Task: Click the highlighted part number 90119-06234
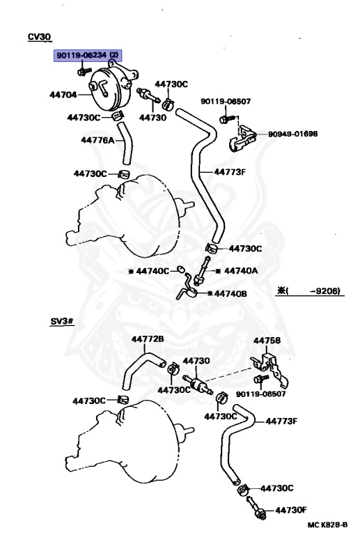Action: (x=82, y=55)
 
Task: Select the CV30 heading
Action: (x=39, y=37)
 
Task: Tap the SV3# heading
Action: (x=62, y=321)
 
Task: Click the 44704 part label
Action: (x=63, y=95)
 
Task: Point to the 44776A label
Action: (x=97, y=140)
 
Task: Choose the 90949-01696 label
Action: (x=293, y=134)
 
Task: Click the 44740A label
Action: (x=241, y=271)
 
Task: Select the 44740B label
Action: (x=230, y=293)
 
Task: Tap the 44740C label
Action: (x=152, y=271)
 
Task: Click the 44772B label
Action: (x=148, y=339)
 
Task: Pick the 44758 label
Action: (x=267, y=341)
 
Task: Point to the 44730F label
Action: (x=291, y=510)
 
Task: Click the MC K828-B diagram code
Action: (x=327, y=525)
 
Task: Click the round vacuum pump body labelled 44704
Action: (x=110, y=88)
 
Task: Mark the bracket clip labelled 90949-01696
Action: (x=242, y=138)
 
